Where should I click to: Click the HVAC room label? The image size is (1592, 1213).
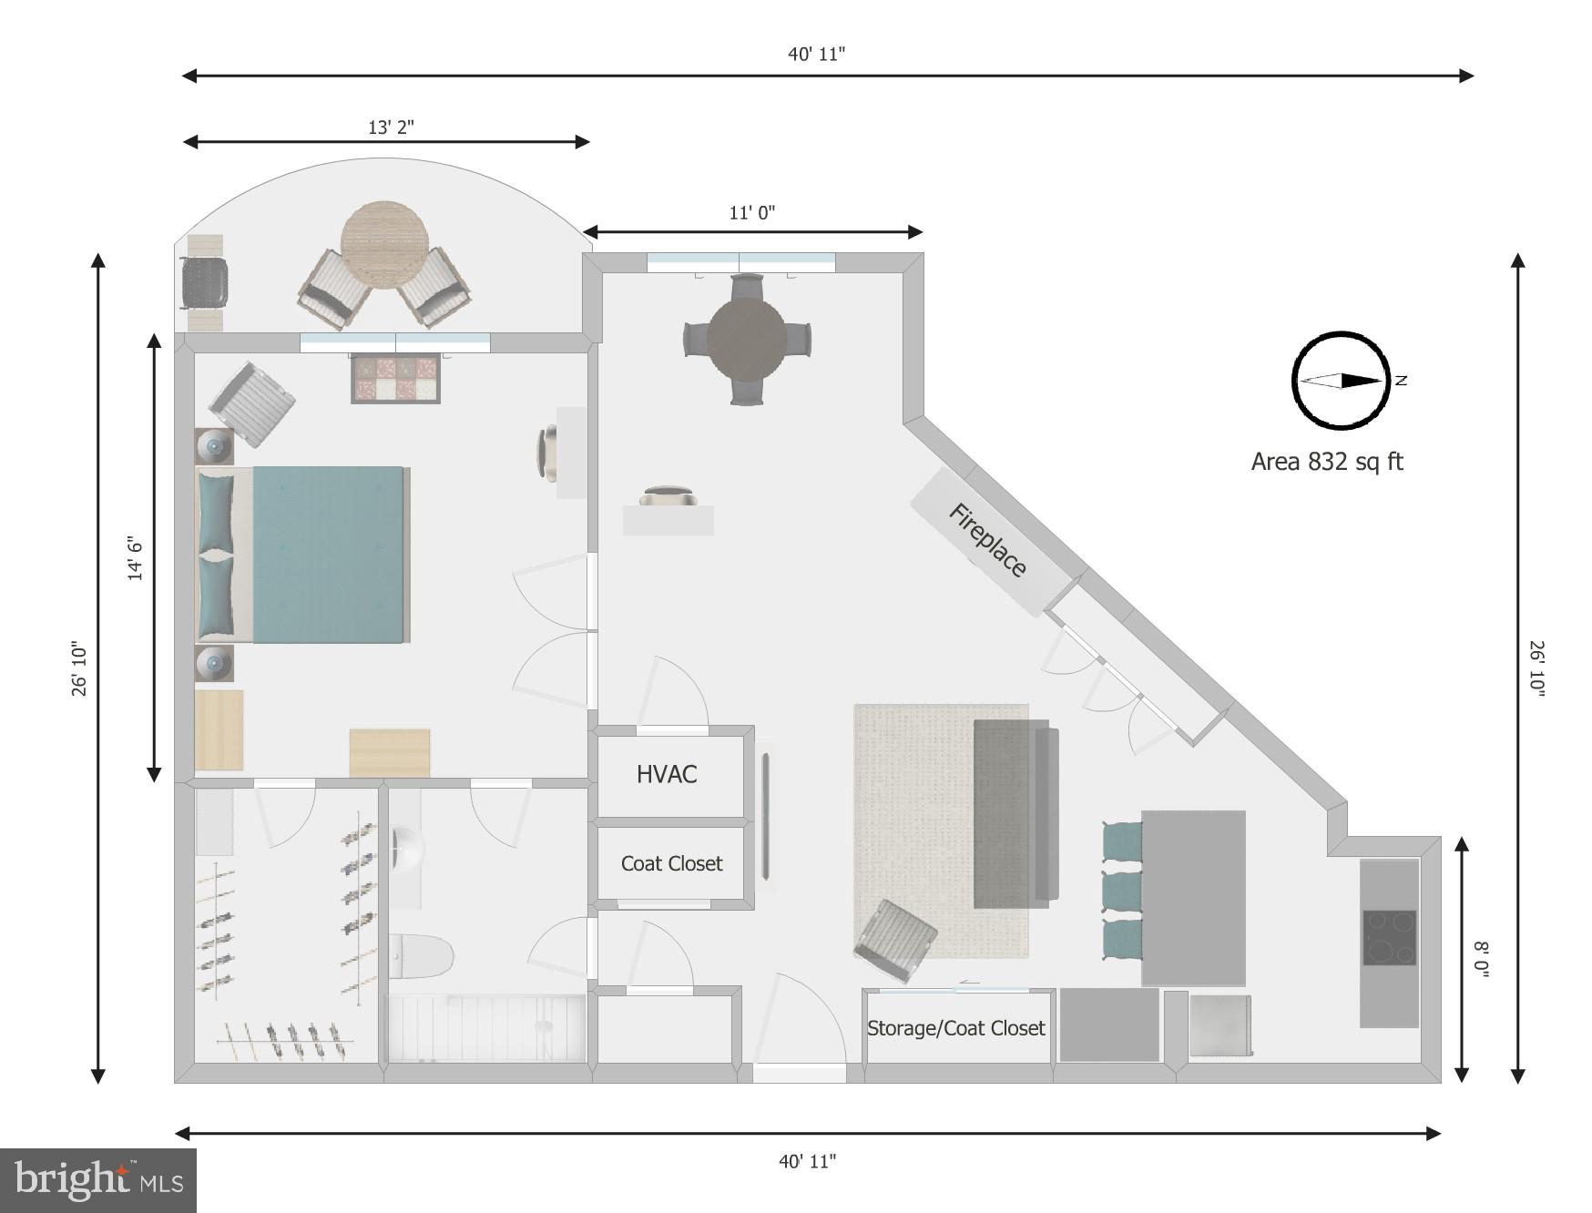tap(667, 774)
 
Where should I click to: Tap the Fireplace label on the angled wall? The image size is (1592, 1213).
tap(988, 540)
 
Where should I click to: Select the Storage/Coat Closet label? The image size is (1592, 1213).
tap(955, 1028)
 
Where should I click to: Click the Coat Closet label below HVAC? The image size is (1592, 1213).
tap(671, 863)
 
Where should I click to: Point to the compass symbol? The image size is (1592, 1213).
tap(1342, 381)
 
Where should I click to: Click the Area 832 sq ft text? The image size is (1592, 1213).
tap(1327, 462)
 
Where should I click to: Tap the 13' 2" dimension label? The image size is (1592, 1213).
tap(391, 127)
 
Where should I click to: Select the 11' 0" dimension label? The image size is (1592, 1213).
tap(752, 213)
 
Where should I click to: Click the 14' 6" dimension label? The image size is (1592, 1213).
tap(135, 558)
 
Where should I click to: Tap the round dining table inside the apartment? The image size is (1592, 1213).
tap(747, 341)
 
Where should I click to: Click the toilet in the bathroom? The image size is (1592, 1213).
tap(424, 956)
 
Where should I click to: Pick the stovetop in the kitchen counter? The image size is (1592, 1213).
tap(1389, 937)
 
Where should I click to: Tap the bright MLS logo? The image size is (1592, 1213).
tap(98, 1181)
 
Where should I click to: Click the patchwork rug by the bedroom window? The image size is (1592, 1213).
tap(396, 379)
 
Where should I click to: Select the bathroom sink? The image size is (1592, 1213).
tap(409, 850)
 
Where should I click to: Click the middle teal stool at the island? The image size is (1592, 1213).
tap(1122, 891)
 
